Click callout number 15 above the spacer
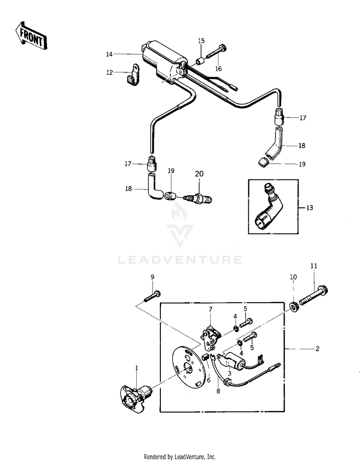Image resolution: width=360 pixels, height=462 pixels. pos(201,41)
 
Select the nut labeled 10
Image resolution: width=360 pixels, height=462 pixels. pos(294,306)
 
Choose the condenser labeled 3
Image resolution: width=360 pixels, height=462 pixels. pos(236,359)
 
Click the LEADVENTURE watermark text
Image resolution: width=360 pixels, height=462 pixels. pos(180,260)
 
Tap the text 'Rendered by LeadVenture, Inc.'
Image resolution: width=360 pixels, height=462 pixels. pos(180,456)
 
